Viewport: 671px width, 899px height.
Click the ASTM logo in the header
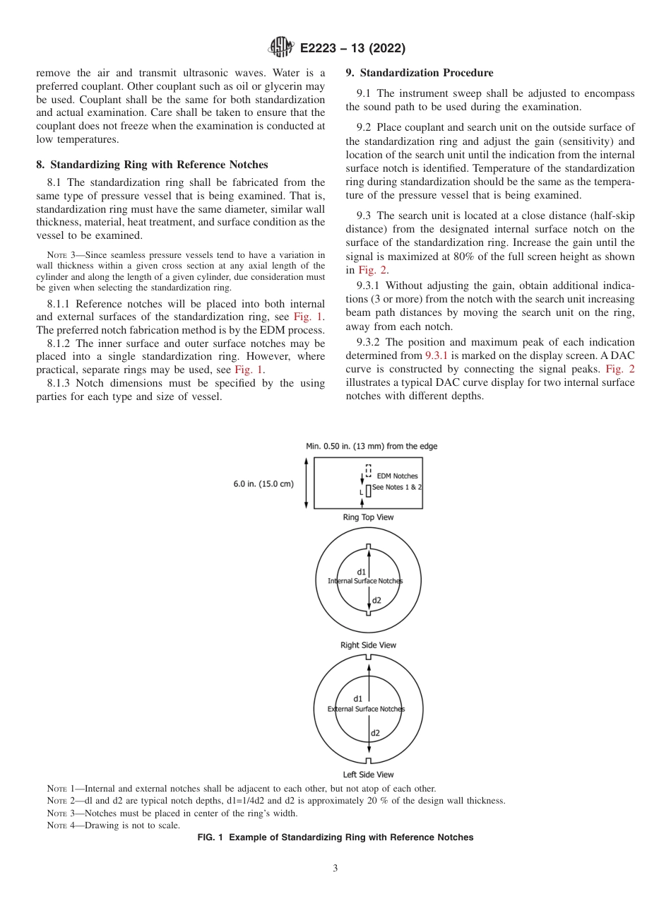[x=281, y=48]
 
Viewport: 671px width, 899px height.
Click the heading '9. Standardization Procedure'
[x=420, y=73]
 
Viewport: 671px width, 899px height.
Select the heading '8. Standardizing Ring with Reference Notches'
[x=152, y=165]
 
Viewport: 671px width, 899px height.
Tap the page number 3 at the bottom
[x=335, y=869]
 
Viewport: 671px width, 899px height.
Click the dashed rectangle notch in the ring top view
[x=368, y=471]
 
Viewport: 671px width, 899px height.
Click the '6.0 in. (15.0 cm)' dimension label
[x=263, y=484]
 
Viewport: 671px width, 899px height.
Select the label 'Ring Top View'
[x=368, y=517]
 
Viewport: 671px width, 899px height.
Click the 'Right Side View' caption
[x=368, y=645]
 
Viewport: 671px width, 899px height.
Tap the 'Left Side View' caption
[x=368, y=775]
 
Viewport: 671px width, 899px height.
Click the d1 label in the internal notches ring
[x=360, y=571]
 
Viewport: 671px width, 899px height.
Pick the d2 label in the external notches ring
[x=376, y=733]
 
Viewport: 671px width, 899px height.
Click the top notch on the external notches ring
[x=368, y=658]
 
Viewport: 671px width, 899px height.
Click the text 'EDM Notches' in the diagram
[x=397, y=476]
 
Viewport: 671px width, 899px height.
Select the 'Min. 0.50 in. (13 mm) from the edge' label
[x=371, y=447]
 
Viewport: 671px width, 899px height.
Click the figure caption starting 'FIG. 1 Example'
[x=335, y=838]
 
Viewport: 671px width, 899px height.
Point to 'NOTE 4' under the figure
[x=59, y=825]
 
